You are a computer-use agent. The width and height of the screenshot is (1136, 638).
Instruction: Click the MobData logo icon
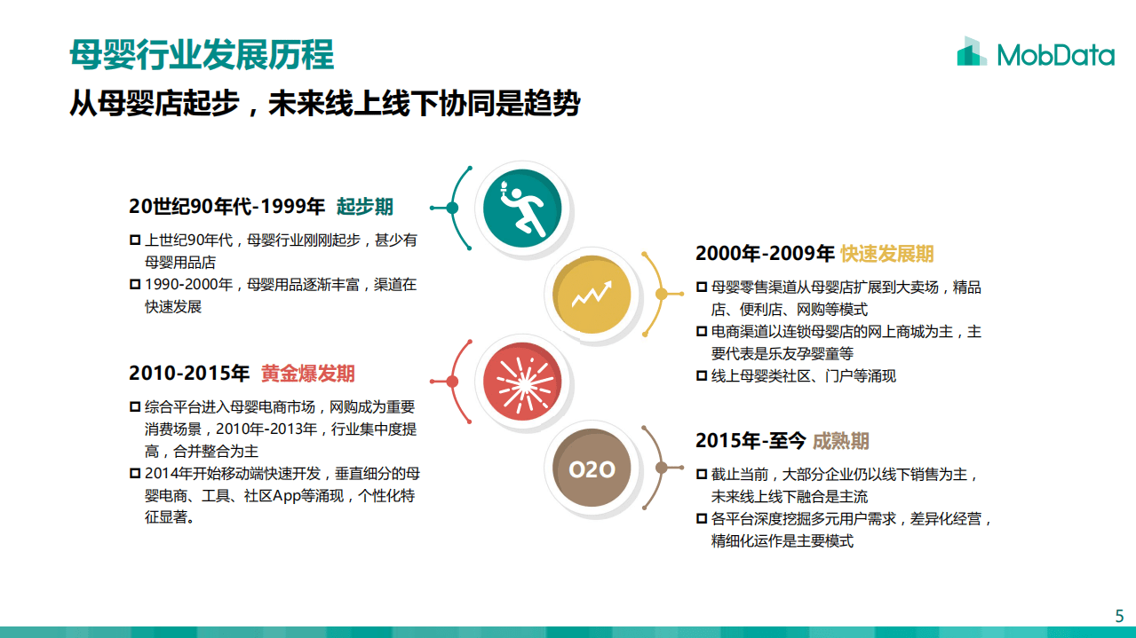972,52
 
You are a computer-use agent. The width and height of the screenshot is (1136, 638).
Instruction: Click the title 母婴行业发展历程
202,55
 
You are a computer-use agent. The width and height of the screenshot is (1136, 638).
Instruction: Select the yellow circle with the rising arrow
592,294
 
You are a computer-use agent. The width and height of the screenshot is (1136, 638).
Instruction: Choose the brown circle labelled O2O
592,469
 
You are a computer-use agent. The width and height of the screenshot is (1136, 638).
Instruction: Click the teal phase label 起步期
364,208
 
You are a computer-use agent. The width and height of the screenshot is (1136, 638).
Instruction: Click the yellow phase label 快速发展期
886,254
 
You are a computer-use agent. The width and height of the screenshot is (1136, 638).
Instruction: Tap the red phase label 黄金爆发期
307,374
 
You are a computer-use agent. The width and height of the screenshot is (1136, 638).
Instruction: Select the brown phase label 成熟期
840,441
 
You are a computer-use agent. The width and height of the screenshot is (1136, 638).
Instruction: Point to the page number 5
1119,616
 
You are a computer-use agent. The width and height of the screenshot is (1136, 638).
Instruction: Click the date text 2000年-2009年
765,254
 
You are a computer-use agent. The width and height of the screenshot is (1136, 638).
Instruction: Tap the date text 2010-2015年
189,374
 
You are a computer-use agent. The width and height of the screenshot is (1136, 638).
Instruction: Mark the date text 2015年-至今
751,441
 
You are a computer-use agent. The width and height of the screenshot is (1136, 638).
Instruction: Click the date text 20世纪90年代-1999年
226,208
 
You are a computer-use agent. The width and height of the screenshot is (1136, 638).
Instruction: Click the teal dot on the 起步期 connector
452,209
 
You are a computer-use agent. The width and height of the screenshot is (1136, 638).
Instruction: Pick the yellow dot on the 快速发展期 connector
661,294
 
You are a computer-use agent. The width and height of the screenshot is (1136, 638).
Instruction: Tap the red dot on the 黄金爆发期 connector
452,382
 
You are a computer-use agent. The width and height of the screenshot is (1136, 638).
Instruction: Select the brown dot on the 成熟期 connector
661,469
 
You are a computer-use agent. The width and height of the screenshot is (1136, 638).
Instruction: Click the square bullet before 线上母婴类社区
702,376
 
